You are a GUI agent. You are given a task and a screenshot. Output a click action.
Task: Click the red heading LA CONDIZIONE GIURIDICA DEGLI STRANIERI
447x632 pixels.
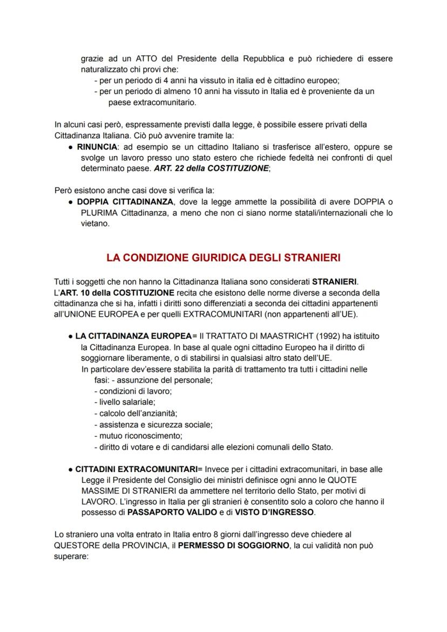[223, 258]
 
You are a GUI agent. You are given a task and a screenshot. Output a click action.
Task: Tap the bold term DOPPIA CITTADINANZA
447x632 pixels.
[125, 202]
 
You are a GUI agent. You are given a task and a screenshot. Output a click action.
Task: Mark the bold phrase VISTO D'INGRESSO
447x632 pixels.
[274, 512]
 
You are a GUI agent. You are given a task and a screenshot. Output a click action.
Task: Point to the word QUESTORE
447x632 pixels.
[76, 546]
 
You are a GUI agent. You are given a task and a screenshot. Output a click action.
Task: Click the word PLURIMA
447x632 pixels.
[97, 212]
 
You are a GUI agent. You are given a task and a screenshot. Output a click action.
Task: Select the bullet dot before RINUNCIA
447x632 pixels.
[71, 147]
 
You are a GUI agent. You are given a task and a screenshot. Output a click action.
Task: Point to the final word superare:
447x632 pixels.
[71, 557]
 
